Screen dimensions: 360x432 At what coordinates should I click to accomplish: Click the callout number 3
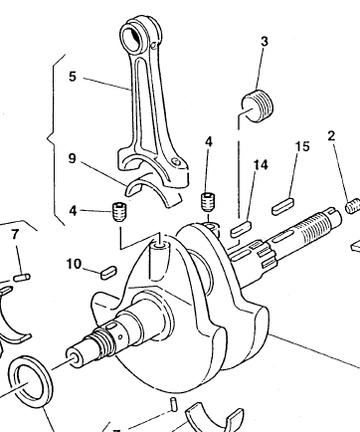tap(264, 42)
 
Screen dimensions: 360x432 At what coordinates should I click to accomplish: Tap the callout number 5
tap(73, 77)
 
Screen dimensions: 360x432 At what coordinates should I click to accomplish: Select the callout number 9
tap(73, 158)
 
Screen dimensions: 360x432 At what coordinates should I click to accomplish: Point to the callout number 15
tap(302, 146)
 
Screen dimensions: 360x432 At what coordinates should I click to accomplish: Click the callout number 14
tap(261, 164)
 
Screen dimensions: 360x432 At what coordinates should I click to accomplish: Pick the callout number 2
tap(331, 135)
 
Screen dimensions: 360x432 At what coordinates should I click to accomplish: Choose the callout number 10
tap(74, 264)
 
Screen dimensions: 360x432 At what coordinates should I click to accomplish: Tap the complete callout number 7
tap(14, 235)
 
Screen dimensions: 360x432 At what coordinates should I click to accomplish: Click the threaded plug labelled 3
tap(258, 106)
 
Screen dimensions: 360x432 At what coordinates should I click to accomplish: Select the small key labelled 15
tap(282, 206)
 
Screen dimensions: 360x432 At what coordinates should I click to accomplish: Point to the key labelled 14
tap(241, 229)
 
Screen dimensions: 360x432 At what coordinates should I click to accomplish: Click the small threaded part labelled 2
tap(353, 206)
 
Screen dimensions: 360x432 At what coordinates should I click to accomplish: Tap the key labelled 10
tap(108, 272)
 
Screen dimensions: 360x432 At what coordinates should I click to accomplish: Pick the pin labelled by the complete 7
tap(22, 277)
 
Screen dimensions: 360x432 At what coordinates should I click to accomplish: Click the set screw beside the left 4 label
tap(119, 211)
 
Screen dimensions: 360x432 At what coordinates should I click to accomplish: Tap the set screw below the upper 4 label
tap(208, 202)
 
